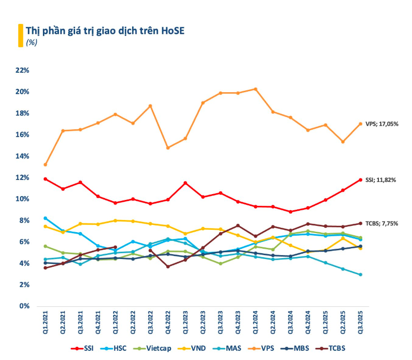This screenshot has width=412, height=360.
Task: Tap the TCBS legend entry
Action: [334, 348]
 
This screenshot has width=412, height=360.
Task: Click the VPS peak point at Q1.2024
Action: [255, 89]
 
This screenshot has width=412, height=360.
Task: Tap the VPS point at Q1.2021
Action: [45, 164]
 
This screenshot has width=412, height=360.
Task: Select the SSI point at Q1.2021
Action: [45, 179]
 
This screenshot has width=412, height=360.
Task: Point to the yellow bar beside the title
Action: [20, 35]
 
